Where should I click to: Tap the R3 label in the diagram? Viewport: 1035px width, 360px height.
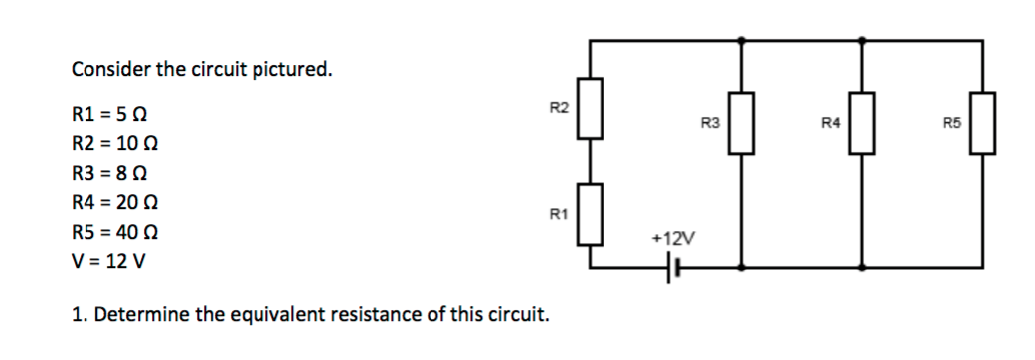[x=710, y=124]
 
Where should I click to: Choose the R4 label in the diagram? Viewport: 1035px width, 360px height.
[x=830, y=124]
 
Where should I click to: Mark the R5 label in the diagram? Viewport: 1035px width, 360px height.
[x=950, y=124]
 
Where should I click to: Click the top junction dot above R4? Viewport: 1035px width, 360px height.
[x=862, y=41]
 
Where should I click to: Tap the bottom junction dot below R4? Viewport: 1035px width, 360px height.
[x=862, y=267]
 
